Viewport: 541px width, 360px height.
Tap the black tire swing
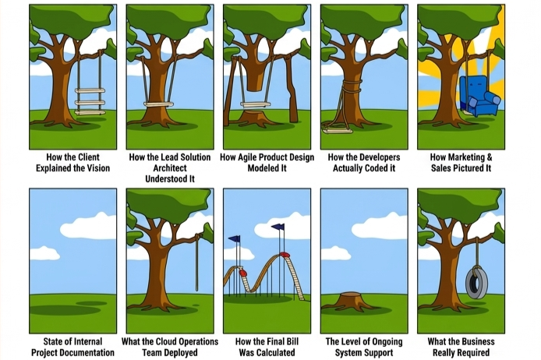pyautogui.click(x=475, y=281)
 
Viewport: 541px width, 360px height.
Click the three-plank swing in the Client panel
pyautogui.click(x=90, y=101)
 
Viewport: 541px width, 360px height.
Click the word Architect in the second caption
pyautogui.click(x=169, y=168)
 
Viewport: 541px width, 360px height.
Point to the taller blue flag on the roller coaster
pyautogui.click(x=279, y=228)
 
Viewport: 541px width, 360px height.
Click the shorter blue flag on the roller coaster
pyautogui.click(x=235, y=239)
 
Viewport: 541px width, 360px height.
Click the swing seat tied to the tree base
pyautogui.click(x=338, y=130)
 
